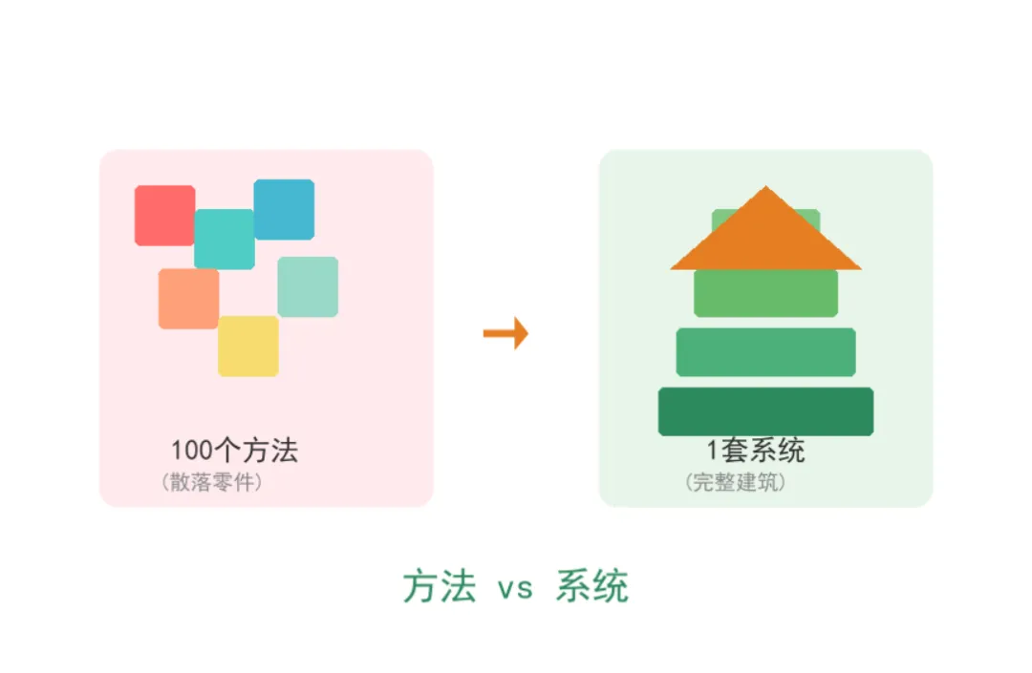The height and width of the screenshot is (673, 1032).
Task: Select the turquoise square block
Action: click(225, 240)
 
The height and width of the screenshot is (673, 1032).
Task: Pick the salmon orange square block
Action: click(187, 299)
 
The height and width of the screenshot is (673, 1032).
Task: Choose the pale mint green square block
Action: click(308, 286)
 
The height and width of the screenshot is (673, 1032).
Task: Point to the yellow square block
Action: click(248, 346)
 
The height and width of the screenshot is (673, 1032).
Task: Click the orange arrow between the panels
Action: click(505, 333)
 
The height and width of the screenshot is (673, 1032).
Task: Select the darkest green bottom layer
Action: click(765, 411)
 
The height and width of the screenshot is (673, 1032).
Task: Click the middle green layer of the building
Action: click(765, 352)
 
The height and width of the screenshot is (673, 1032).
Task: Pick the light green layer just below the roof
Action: click(765, 293)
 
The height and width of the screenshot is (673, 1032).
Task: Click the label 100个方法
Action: click(234, 451)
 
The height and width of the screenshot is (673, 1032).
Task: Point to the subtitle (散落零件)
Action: click(211, 482)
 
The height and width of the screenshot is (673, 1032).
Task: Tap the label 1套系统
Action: click(755, 451)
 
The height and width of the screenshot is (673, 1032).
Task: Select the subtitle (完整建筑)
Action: click(735, 482)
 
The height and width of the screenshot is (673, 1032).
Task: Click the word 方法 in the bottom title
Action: click(439, 586)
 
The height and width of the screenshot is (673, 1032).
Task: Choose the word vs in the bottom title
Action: click(514, 588)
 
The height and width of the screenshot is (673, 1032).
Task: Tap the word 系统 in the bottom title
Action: click(591, 586)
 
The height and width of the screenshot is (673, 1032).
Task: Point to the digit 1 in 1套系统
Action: click(712, 451)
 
